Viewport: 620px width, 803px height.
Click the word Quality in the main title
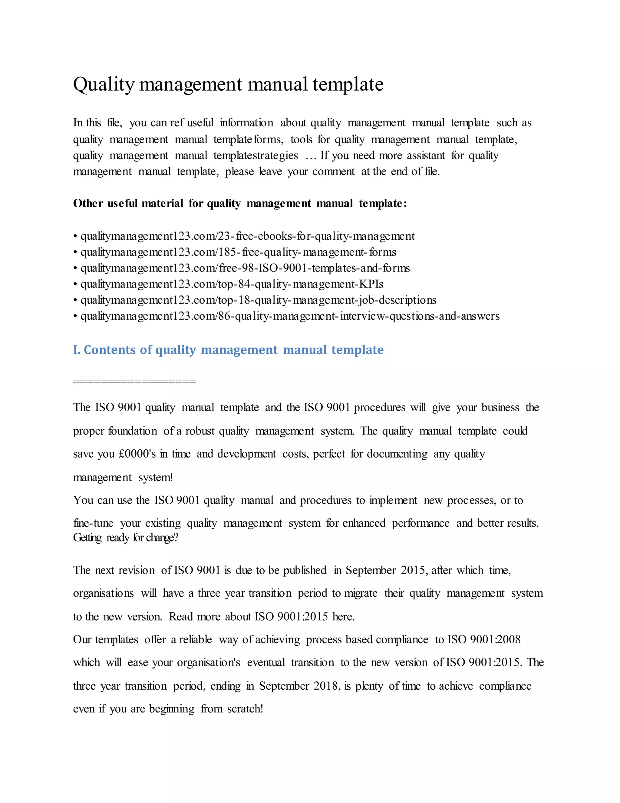(x=104, y=85)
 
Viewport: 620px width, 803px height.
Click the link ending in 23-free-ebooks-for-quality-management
(x=248, y=236)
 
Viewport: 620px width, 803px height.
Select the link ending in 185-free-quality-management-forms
(x=238, y=252)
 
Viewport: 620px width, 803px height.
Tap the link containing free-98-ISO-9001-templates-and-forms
(x=245, y=268)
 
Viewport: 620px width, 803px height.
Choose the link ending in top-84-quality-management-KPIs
(x=232, y=284)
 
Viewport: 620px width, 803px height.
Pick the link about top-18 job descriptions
(x=258, y=300)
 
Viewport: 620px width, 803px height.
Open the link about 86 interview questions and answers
(x=290, y=316)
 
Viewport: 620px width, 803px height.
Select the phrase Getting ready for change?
(x=126, y=538)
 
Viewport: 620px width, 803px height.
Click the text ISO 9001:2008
(x=484, y=639)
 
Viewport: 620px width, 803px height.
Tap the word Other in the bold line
(x=87, y=203)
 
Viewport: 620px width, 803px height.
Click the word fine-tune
(x=93, y=523)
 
